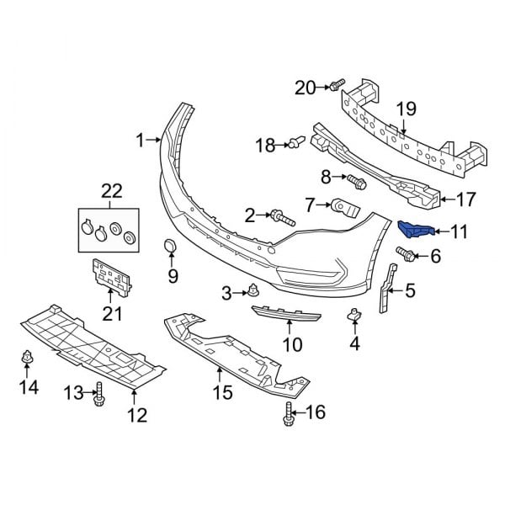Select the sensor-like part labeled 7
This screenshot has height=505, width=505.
click(345, 205)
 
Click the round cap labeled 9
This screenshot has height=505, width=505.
click(171, 247)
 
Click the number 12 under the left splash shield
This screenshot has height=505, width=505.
click(136, 414)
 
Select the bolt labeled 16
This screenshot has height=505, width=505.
click(290, 412)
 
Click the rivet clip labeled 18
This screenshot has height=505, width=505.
click(297, 144)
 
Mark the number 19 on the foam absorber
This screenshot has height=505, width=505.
click(407, 107)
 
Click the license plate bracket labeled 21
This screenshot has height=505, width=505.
click(110, 277)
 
